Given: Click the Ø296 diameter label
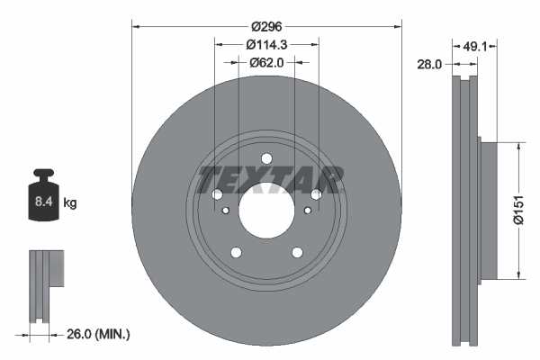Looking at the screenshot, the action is [266, 26].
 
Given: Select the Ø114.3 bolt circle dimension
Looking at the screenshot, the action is [266, 44].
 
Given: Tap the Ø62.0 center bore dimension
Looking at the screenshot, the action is [266, 63].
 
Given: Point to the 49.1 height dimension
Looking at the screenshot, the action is [475, 46].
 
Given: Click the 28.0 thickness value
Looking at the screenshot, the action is [429, 64].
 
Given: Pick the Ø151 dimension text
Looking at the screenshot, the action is [518, 210].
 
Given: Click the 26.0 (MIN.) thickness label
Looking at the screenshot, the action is [98, 334].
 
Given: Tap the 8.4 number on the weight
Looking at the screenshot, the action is [44, 202].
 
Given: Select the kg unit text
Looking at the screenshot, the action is [70, 202].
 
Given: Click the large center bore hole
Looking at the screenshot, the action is [266, 210].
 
